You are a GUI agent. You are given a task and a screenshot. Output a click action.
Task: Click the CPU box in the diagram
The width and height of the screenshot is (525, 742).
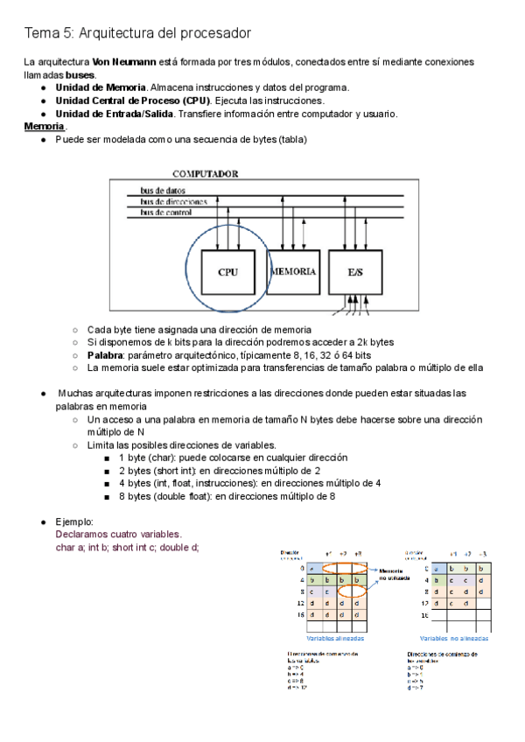227,272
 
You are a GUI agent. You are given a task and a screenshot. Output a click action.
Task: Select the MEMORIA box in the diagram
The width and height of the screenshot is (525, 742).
293,272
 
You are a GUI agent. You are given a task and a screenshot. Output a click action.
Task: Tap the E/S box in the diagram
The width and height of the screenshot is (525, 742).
355,272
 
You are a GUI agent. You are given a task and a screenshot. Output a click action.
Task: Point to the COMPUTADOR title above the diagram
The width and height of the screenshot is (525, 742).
205,174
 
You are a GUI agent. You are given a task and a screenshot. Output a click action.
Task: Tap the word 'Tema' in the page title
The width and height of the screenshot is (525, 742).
39,32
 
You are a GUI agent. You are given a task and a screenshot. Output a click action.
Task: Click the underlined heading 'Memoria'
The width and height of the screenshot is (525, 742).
44,127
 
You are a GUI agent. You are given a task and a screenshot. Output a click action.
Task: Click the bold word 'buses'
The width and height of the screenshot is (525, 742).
80,74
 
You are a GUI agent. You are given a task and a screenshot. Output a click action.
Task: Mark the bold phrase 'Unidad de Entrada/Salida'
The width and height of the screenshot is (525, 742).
113,114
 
